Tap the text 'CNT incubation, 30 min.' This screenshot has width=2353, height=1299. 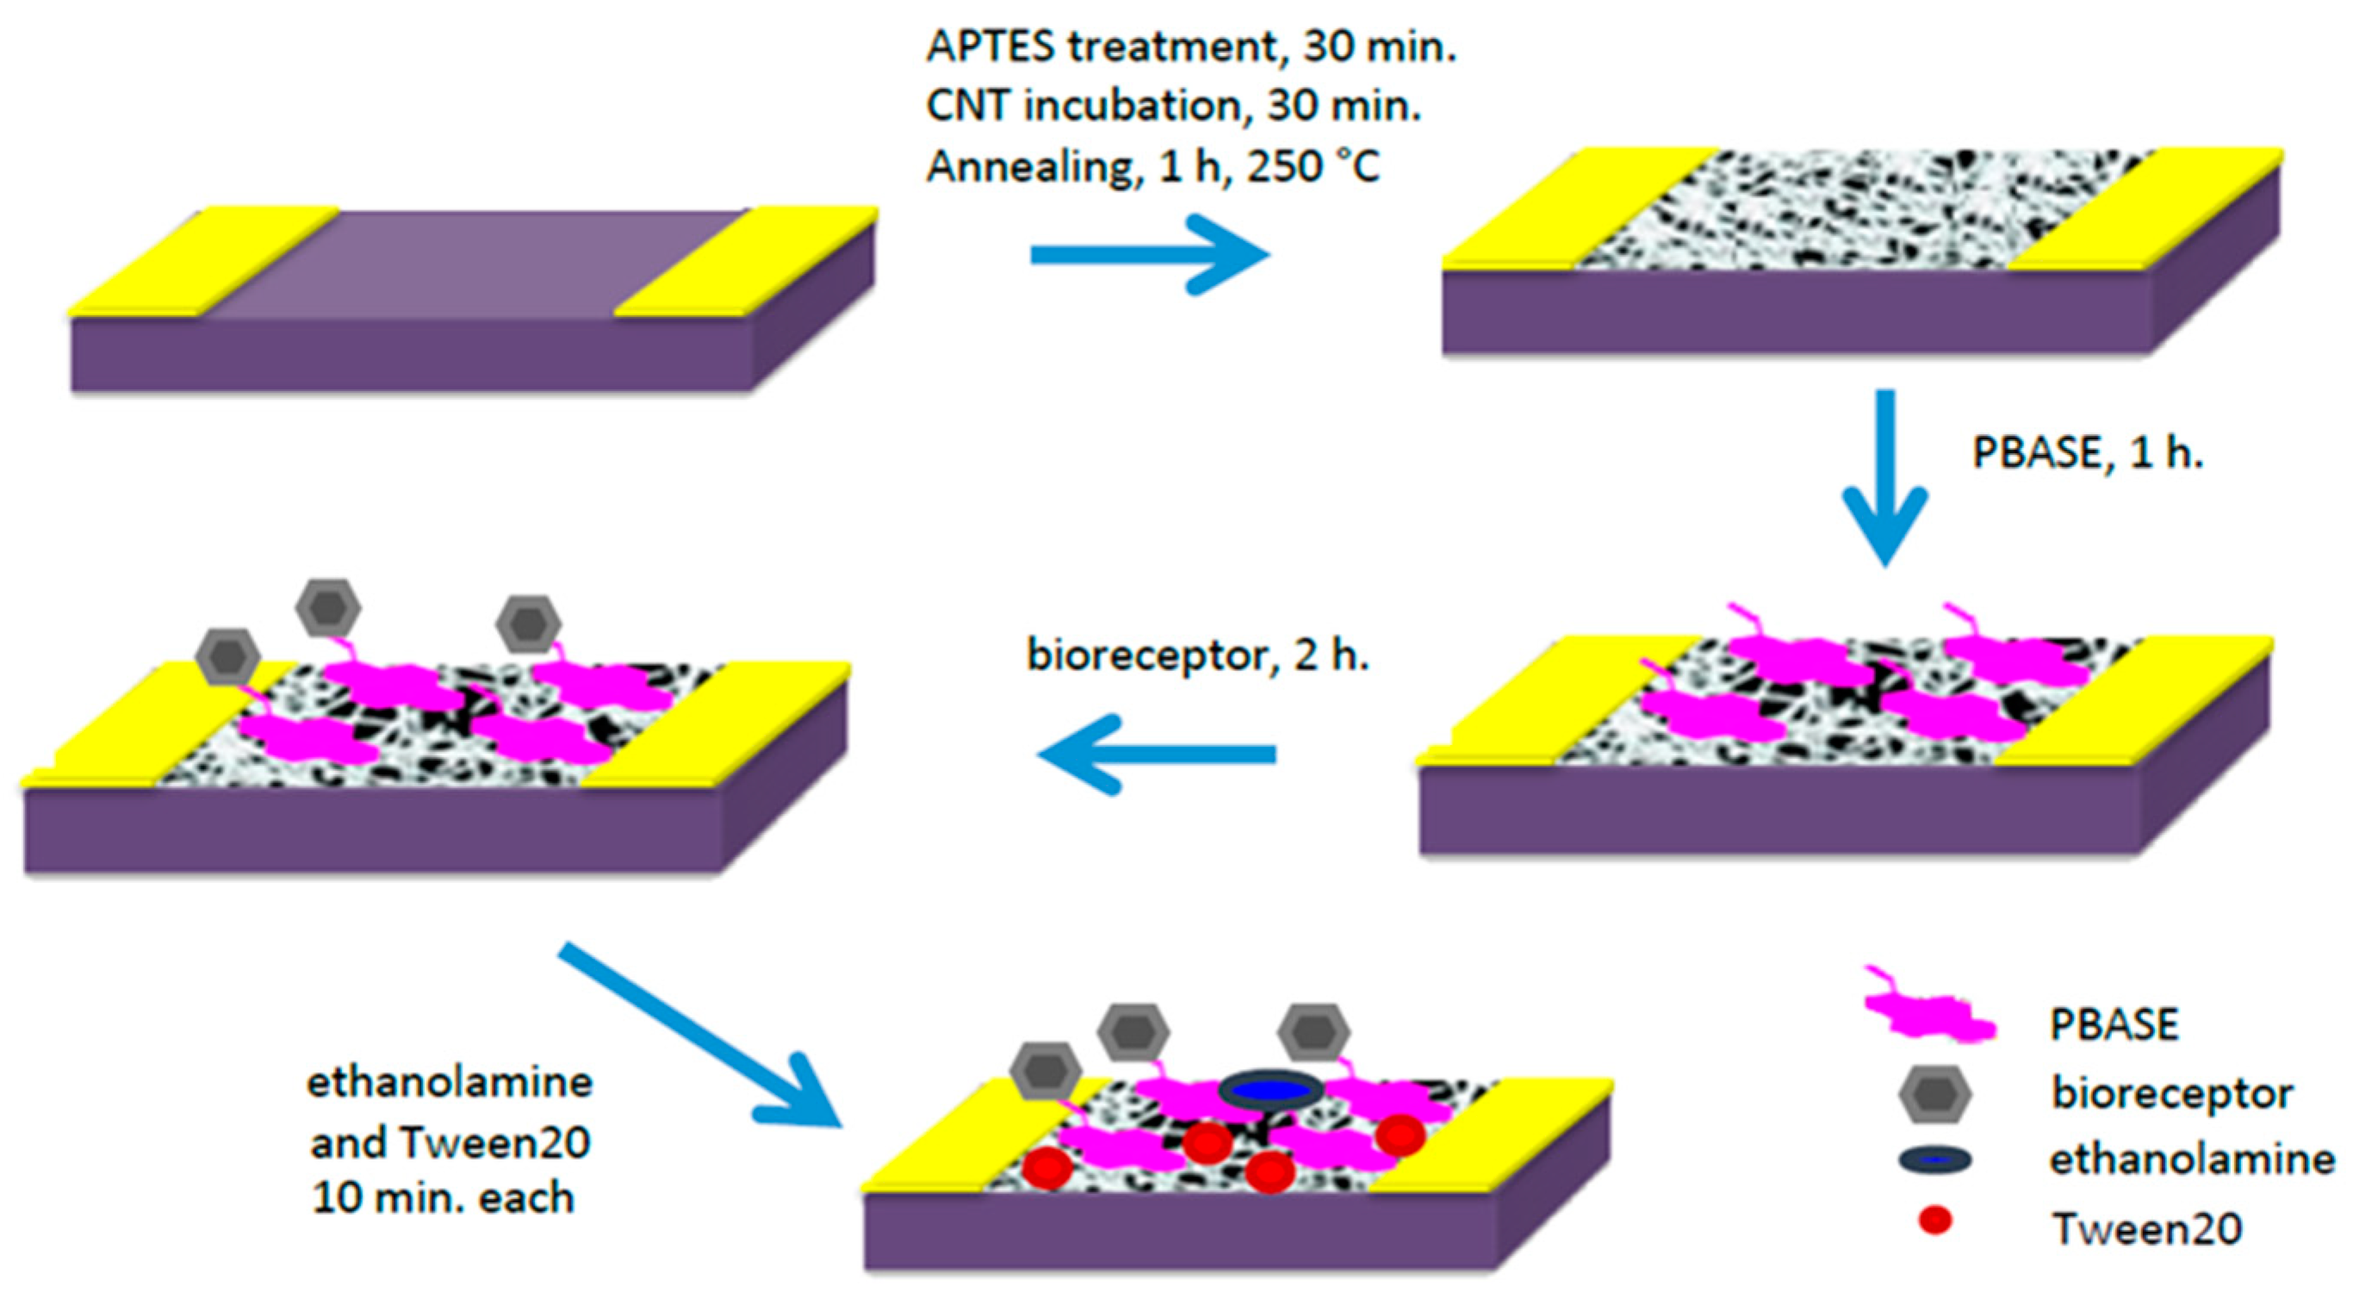1174,107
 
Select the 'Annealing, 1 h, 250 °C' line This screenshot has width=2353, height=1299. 1152,167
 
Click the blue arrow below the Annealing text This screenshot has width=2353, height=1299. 1150,254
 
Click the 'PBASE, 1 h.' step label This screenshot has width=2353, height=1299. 2088,453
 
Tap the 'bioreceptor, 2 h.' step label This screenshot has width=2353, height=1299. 1197,655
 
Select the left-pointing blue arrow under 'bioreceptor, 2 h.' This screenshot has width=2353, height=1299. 1157,754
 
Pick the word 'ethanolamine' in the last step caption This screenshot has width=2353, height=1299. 450,1083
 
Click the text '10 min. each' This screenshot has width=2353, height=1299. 443,1198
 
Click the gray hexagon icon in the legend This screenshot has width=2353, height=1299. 1934,1093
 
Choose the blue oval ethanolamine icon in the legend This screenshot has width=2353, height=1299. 1934,1160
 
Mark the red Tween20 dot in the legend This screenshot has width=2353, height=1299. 1934,1221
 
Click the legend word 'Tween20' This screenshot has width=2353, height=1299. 2146,1228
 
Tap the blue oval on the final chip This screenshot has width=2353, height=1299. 1270,1091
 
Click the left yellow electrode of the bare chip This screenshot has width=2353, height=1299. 202,263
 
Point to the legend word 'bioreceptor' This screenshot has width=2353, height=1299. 2171,1093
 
